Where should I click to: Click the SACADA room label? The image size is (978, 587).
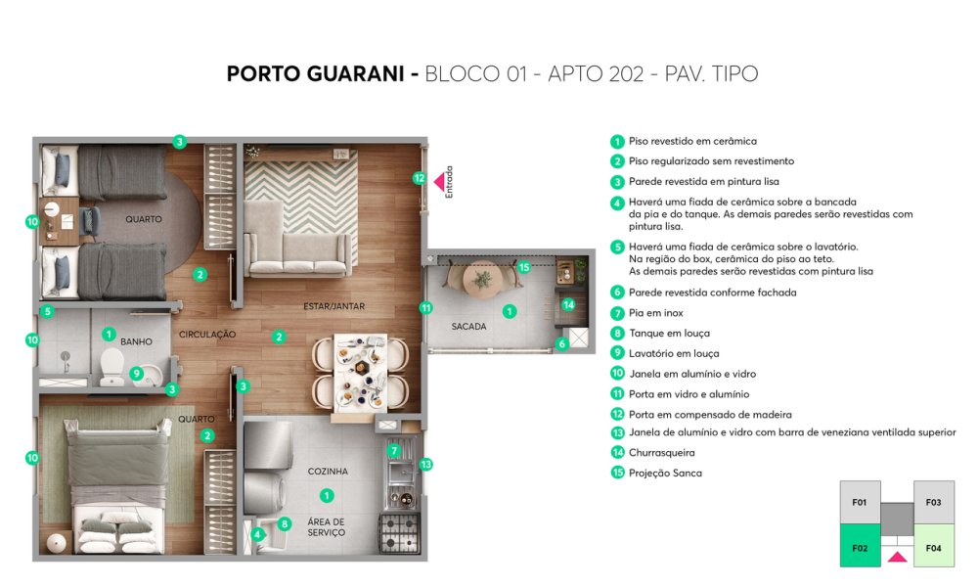[468, 326]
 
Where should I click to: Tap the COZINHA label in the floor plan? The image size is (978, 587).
[328, 471]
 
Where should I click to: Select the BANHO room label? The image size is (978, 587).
[136, 341]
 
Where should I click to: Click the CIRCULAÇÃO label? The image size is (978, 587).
[207, 335]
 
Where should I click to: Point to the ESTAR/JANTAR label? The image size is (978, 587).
[333, 306]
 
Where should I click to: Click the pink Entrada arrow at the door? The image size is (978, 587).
[439, 182]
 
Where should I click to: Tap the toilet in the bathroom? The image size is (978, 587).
[111, 367]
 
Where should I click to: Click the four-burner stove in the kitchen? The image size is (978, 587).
[399, 532]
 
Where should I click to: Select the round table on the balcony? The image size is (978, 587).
[482, 279]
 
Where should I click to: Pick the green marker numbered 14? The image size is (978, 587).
[568, 304]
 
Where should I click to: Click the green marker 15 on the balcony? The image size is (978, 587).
[524, 267]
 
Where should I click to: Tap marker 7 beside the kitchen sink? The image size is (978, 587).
[393, 450]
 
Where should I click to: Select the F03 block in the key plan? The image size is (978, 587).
[934, 502]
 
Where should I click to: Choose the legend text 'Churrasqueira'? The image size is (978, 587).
[662, 452]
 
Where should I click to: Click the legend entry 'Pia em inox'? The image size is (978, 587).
[655, 312]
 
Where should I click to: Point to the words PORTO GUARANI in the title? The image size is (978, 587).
[315, 73]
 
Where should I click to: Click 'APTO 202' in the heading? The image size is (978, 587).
[596, 73]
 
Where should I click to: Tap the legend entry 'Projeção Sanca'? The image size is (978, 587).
[665, 473]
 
